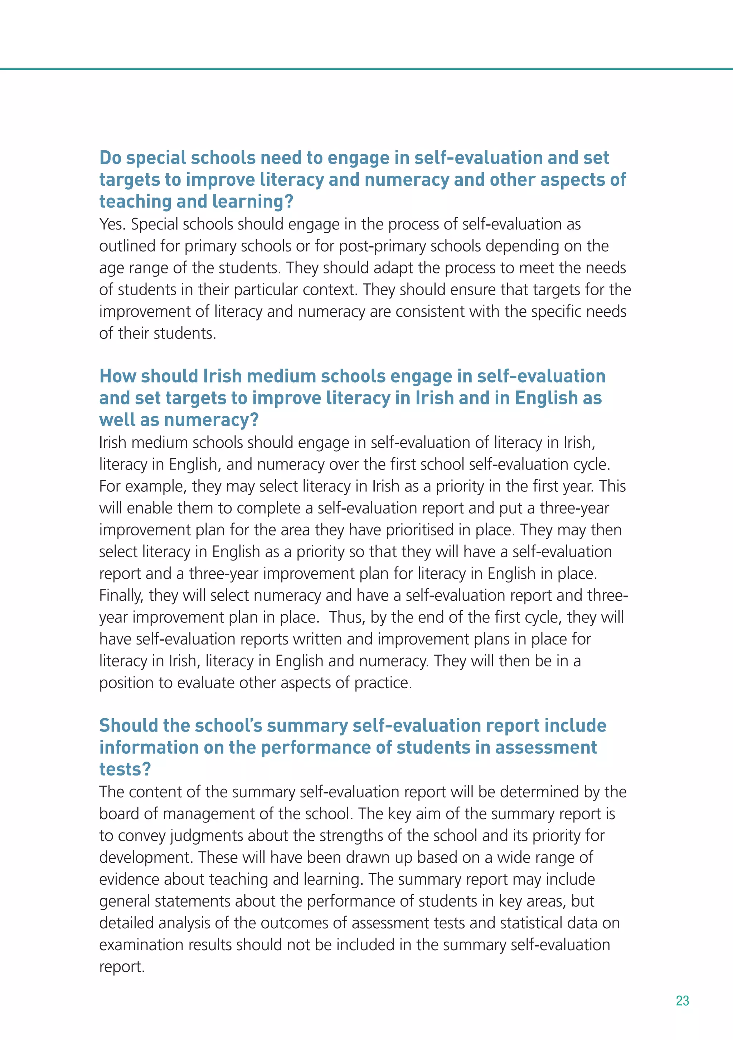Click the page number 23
click(682, 1001)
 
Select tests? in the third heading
click(125, 769)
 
